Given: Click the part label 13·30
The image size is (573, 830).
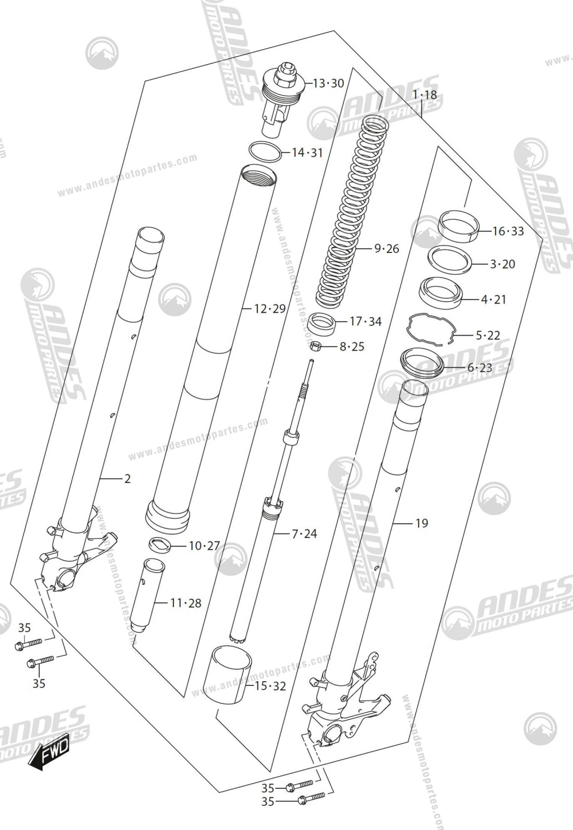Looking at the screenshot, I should [x=328, y=84].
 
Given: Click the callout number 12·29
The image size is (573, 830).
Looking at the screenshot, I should [x=269, y=309].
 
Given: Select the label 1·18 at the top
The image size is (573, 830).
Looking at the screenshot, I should [x=424, y=95].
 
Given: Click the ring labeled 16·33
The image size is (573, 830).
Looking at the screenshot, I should [x=458, y=224].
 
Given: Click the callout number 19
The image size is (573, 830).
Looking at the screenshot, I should [x=421, y=523].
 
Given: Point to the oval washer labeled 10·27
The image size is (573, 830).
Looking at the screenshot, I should [x=160, y=545].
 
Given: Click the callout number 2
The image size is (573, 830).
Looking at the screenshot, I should [x=127, y=478].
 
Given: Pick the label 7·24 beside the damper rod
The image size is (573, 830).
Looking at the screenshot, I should [x=304, y=534].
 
